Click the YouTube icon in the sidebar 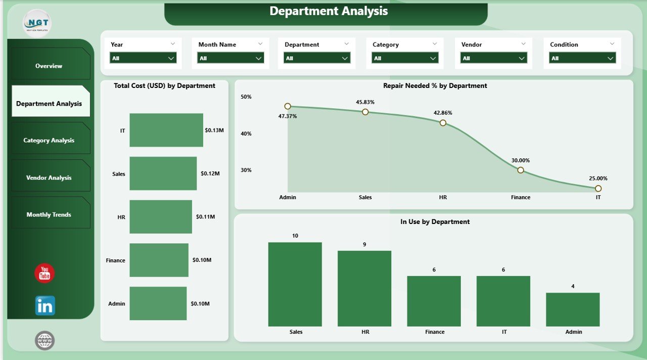pos(44,273)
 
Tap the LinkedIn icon pos(45,305)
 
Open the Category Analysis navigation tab pos(49,140)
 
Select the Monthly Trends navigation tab pos(49,214)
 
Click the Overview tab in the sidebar pos(49,66)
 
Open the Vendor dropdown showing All pos(494,58)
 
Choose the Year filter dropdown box pos(143,58)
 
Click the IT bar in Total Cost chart pos(166,130)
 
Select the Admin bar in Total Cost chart pos(158,303)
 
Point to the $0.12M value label pos(210,173)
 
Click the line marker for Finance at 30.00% pos(521,170)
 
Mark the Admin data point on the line pos(288,106)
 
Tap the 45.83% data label pos(365,102)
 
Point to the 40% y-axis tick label pos(246,133)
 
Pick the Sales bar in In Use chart pos(295,284)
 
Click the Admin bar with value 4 pos(573,309)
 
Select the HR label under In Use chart pos(365,332)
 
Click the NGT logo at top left pos(37,23)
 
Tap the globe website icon pos(44,340)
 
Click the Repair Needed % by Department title pos(435,86)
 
